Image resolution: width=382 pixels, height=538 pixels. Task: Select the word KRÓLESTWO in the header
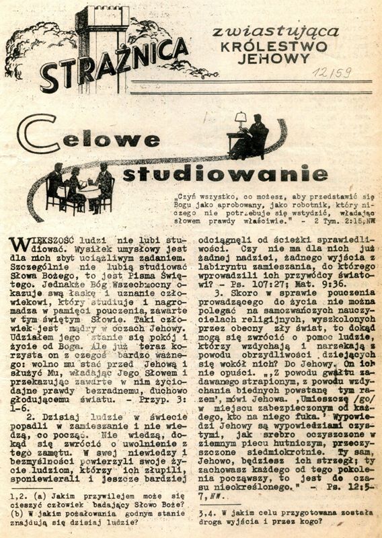[x=275, y=46]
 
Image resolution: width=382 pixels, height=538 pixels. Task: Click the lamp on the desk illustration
[x=240, y=120]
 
